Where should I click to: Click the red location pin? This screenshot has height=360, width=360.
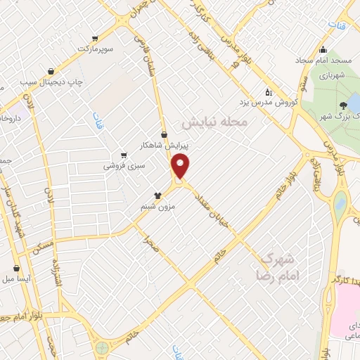(x=181, y=167)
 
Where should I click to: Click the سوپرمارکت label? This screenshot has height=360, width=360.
(x=95, y=48)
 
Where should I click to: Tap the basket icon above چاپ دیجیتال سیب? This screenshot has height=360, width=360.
(x=51, y=71)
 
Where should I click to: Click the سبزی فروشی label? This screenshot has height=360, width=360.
(x=123, y=166)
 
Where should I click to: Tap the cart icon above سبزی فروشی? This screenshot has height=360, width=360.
(x=124, y=155)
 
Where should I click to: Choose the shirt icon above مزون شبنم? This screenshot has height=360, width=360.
(x=159, y=196)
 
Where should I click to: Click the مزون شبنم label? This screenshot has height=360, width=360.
(x=159, y=207)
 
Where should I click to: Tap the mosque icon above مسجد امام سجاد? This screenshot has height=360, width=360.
(x=323, y=49)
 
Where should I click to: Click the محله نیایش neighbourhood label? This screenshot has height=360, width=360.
(x=215, y=122)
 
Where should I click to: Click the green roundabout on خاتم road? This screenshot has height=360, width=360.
(x=103, y=347)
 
